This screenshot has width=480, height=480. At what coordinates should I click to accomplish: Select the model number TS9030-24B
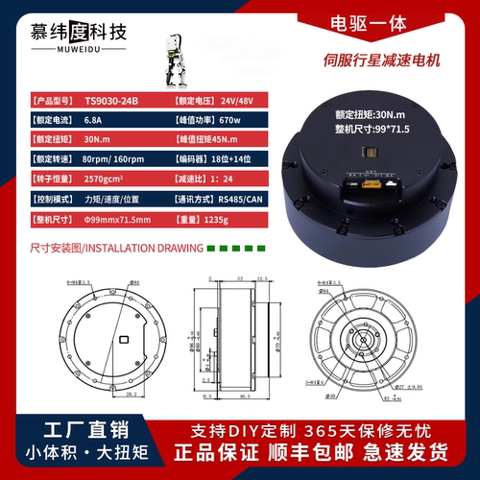111,100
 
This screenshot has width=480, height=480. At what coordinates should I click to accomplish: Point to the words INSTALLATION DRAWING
158,247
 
